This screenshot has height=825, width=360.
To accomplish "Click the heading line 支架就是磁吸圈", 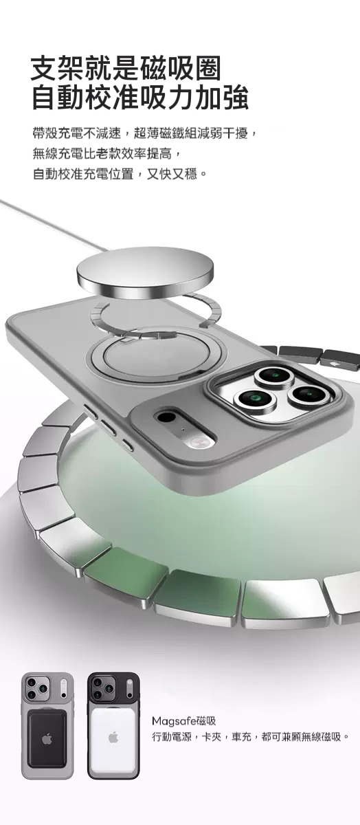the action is click(126, 69).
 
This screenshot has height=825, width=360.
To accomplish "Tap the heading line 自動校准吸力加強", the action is click(139, 97).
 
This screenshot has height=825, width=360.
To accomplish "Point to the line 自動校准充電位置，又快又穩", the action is click(118, 173).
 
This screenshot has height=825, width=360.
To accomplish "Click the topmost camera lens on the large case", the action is click(275, 375).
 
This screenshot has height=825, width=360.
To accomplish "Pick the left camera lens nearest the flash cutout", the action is click(255, 398).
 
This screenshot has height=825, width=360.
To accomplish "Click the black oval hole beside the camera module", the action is click(166, 417).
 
